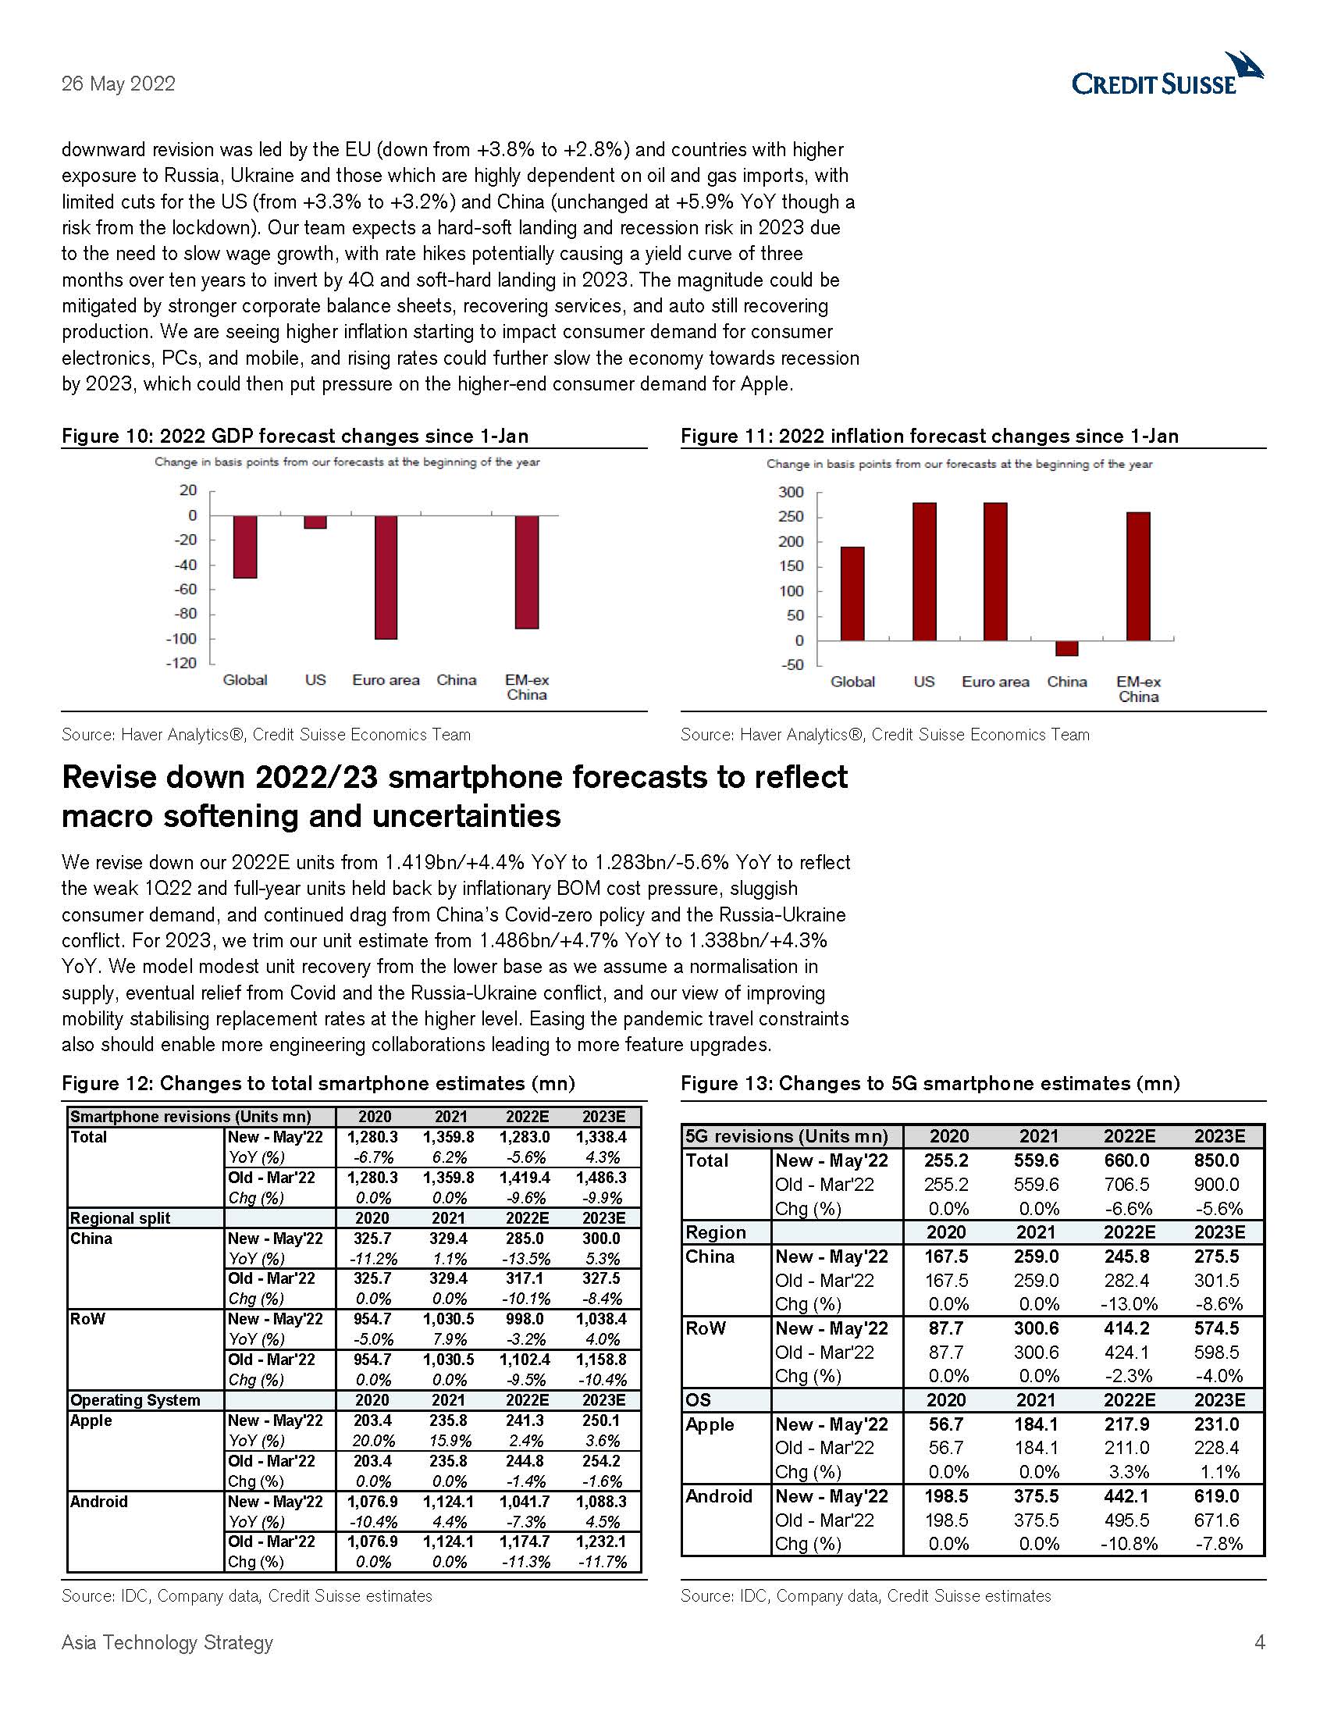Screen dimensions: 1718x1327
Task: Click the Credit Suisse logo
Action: (1167, 77)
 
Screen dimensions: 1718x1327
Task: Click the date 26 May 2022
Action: (118, 84)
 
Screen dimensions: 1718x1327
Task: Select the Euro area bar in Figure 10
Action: (385, 576)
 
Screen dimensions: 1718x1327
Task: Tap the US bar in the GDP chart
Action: (315, 522)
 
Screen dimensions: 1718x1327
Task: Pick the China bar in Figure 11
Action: (1067, 648)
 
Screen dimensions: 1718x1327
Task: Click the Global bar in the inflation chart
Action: (852, 593)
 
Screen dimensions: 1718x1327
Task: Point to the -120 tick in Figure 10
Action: (182, 663)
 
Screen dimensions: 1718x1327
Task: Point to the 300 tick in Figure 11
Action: (791, 493)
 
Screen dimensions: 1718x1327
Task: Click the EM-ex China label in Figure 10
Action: (527, 687)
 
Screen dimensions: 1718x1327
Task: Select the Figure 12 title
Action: (318, 1084)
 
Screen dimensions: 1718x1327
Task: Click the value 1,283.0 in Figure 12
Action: (526, 1138)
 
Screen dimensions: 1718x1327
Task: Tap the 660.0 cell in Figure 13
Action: (1129, 1161)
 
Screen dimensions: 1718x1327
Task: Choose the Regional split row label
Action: (120, 1218)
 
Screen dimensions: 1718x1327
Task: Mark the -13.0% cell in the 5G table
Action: (1129, 1304)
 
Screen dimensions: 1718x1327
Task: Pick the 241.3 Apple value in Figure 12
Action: (526, 1420)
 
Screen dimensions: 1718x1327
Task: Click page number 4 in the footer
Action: (1259, 1642)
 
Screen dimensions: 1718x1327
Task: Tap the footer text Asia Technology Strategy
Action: (168, 1642)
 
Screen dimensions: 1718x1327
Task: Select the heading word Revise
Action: (114, 778)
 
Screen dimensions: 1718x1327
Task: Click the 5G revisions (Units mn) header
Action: (786, 1137)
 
